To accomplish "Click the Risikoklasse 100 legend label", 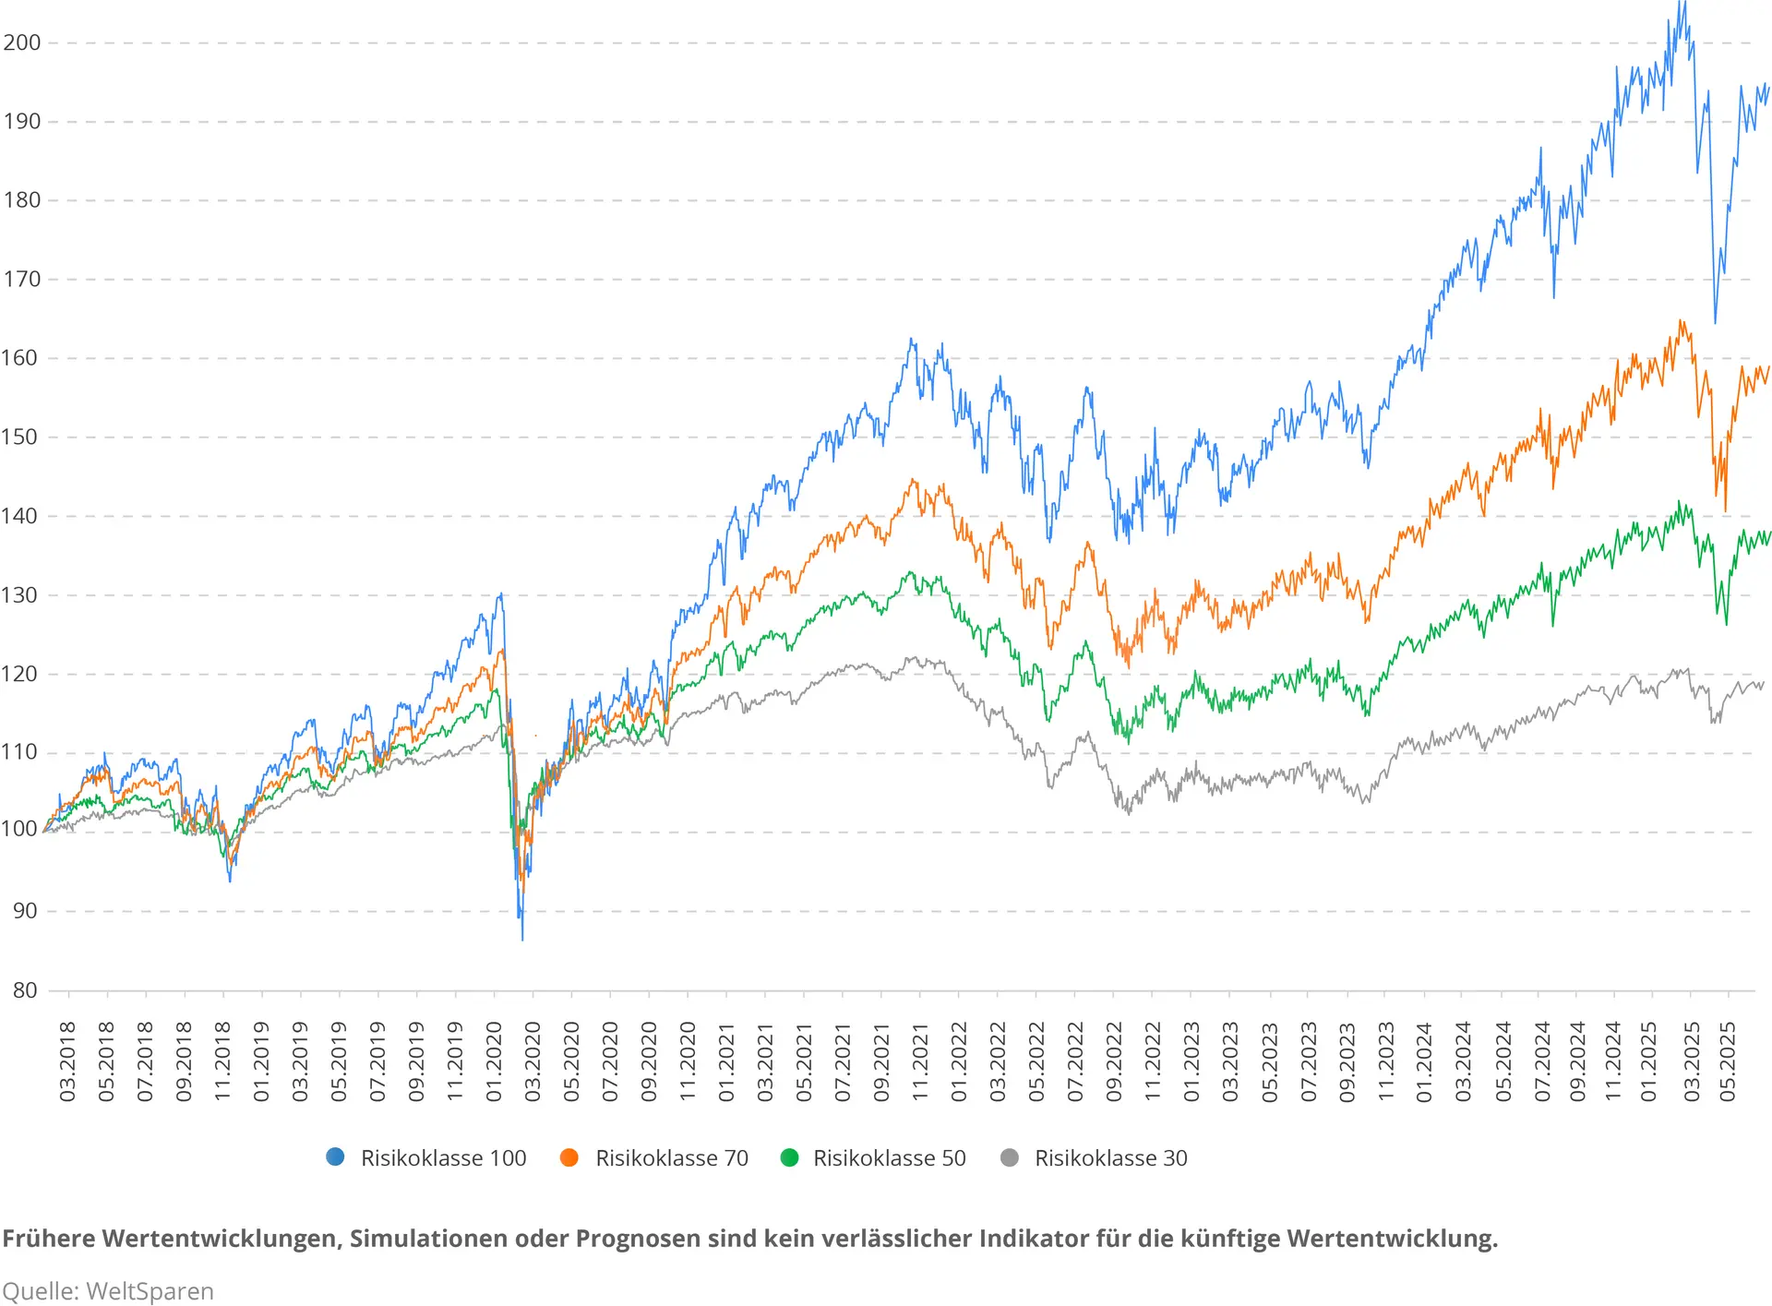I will (x=443, y=1158).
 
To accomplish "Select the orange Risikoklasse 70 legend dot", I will (x=569, y=1157).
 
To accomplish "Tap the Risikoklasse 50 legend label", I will (x=889, y=1158).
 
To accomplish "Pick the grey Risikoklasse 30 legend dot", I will (x=1010, y=1157).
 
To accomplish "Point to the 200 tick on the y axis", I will (x=22, y=42).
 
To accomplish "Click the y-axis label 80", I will (x=25, y=990).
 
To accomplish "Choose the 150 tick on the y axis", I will (x=22, y=437).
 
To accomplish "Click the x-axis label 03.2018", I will (x=67, y=1061).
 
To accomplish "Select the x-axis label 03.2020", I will (x=533, y=1061).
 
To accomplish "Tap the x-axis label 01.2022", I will (x=959, y=1061).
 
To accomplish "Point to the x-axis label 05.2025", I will (x=1728, y=1061).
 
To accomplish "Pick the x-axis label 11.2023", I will (x=1385, y=1061).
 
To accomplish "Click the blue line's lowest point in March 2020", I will (x=522, y=940).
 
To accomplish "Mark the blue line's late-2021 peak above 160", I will (x=911, y=340).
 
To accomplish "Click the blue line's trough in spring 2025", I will (x=1716, y=323).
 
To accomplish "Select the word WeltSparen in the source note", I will (x=150, y=1291).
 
